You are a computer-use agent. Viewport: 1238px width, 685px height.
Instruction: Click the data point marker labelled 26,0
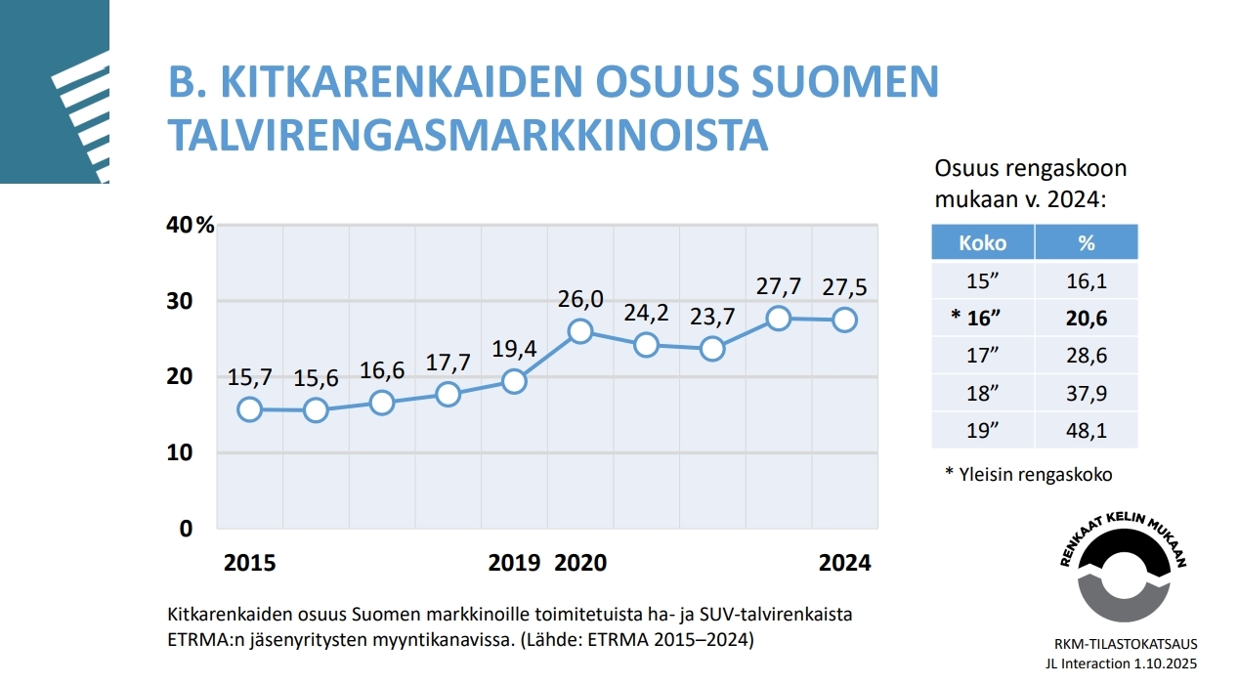click(580, 330)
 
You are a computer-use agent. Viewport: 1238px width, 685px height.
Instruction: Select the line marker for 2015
click(249, 409)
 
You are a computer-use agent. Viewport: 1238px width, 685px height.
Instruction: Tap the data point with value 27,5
click(845, 320)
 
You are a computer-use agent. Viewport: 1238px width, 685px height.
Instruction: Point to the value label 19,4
click(515, 348)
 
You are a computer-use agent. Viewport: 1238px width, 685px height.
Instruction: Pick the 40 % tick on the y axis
click(190, 225)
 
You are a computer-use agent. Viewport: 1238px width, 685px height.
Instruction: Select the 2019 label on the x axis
click(514, 563)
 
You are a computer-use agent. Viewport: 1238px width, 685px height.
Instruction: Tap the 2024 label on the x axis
click(844, 563)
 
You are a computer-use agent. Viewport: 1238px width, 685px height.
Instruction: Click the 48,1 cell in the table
click(1086, 430)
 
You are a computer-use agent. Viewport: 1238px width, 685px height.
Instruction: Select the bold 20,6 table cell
click(1086, 319)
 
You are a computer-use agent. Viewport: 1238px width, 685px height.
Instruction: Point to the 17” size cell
click(982, 356)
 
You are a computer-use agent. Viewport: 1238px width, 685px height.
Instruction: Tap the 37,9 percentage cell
click(1086, 393)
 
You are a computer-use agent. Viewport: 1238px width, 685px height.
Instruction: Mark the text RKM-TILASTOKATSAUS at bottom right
click(1125, 644)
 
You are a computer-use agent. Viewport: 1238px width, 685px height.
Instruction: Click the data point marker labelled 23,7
click(712, 349)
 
